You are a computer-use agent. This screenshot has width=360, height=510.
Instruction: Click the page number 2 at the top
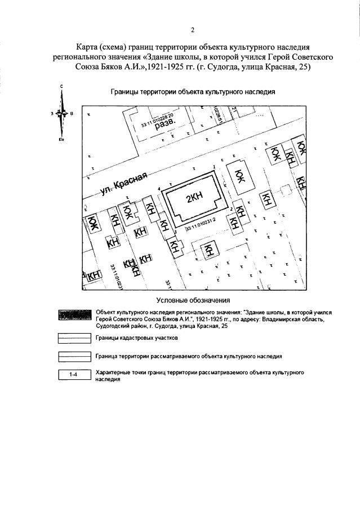tap(192, 30)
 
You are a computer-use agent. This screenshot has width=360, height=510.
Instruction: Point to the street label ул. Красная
tap(123, 183)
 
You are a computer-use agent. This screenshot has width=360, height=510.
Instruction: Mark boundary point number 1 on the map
tap(215, 167)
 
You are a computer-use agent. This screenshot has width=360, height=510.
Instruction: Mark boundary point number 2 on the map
tap(231, 209)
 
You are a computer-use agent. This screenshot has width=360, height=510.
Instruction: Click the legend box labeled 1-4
tap(75, 374)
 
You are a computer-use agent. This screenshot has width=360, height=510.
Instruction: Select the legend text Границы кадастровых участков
tap(136, 338)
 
